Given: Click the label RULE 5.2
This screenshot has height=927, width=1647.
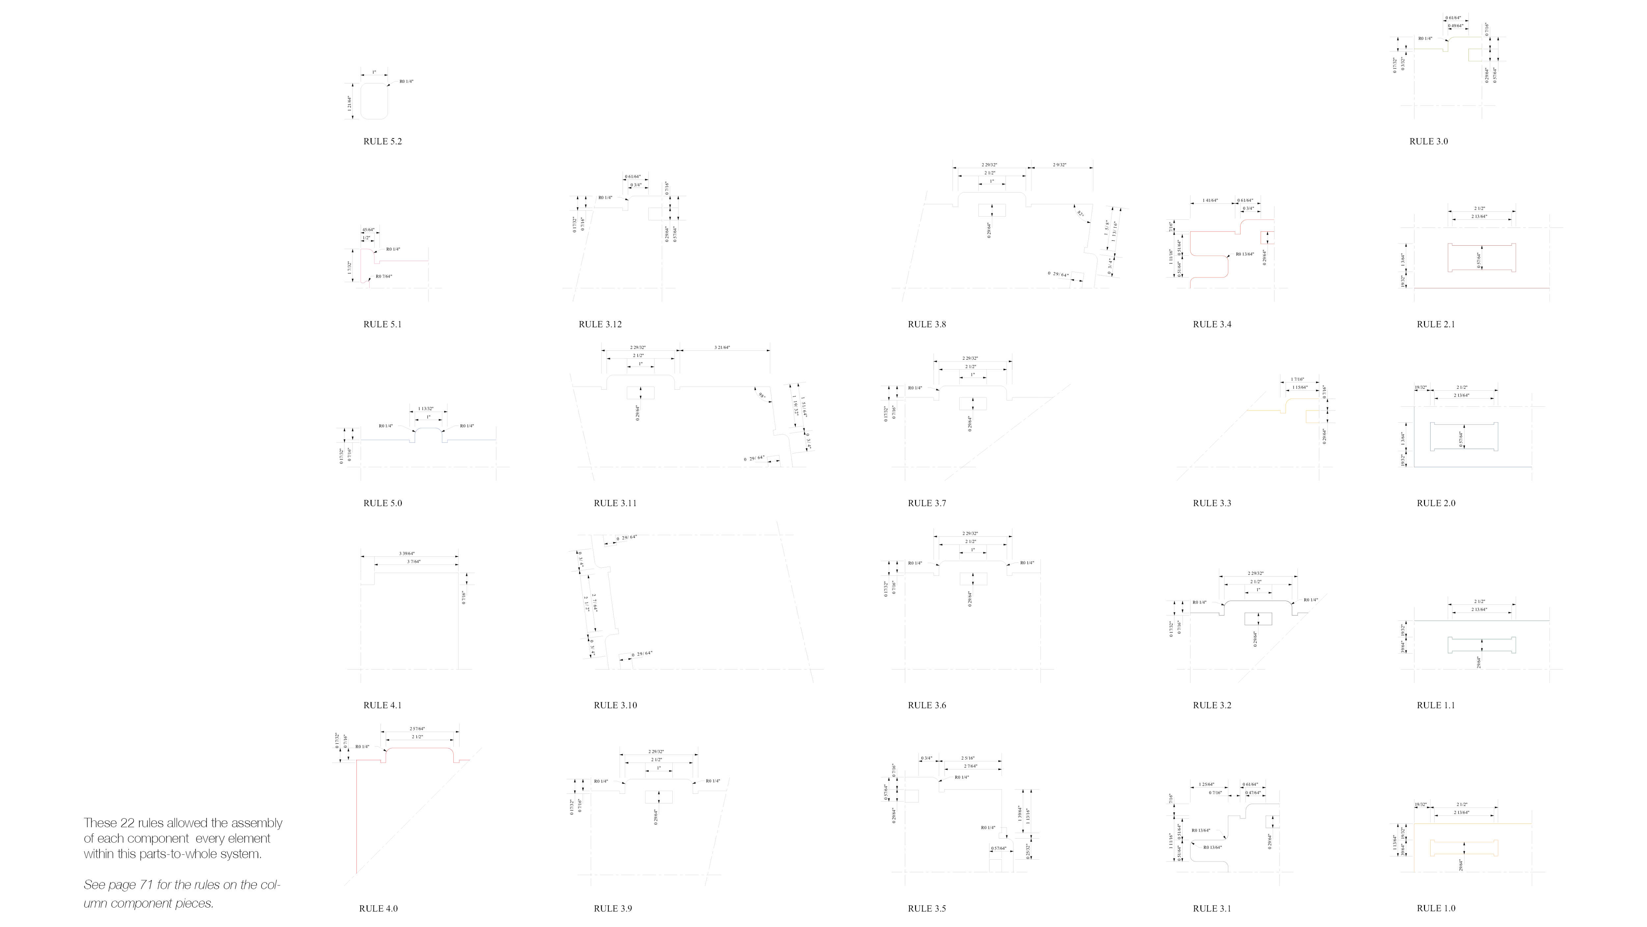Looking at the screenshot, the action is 382,141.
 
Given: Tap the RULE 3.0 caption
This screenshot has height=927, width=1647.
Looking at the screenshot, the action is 1428,141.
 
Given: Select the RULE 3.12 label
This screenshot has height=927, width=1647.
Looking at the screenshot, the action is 600,324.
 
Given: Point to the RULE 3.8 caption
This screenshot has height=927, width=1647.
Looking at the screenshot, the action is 926,324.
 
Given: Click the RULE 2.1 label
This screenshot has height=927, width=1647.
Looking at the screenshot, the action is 1436,324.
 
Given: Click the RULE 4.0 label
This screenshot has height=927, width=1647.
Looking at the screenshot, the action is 378,909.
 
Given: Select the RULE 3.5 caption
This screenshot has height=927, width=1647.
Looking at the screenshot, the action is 926,909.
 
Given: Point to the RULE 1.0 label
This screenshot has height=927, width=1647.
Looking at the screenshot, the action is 1436,909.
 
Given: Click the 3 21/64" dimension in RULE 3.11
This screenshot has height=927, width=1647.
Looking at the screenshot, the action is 722,347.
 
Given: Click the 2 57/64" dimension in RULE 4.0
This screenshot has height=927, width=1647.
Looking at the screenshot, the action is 417,729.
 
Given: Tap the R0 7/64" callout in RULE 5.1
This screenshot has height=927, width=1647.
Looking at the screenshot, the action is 384,276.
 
